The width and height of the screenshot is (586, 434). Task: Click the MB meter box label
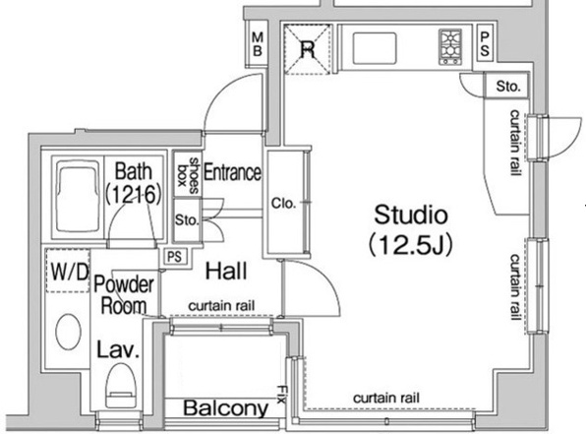[258, 44]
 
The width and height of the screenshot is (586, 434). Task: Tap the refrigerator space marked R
[307, 49]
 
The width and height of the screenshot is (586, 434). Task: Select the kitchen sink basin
[374, 48]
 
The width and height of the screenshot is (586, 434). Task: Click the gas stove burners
[450, 47]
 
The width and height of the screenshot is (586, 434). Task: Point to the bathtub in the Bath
[78, 197]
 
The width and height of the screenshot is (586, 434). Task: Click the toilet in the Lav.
[120, 386]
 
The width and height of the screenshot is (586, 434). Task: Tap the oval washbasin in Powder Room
[68, 332]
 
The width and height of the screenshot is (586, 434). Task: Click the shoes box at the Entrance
[188, 172]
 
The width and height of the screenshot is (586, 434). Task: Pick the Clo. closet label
[283, 203]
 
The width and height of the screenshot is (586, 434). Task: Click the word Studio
[411, 215]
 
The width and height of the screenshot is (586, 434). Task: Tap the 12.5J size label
[411, 244]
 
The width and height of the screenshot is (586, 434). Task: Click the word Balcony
[226, 408]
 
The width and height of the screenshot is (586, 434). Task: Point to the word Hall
[226, 271]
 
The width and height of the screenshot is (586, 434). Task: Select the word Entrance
[232, 172]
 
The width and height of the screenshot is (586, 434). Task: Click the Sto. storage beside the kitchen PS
[507, 86]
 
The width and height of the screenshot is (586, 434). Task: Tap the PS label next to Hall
[175, 257]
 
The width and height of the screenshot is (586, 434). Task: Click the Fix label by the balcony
[281, 395]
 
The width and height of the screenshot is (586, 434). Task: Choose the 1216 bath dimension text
[134, 194]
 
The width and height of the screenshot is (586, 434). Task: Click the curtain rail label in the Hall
[221, 306]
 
